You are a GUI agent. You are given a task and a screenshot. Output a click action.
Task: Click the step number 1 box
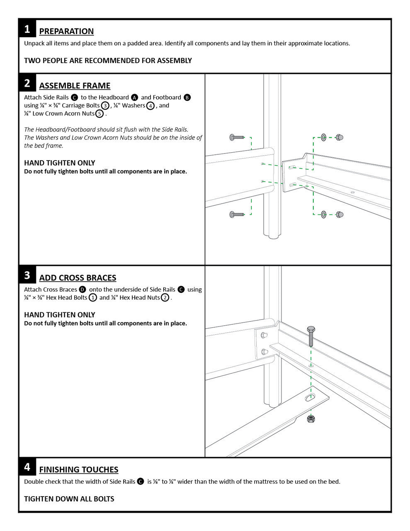coord(27,29)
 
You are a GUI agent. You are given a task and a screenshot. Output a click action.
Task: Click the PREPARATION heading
coord(66,31)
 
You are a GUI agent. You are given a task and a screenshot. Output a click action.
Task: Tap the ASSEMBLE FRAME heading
coord(75,85)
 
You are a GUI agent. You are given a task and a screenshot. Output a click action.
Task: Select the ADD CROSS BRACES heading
coord(78,278)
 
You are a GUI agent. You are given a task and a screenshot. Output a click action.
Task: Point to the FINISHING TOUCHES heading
coord(79,470)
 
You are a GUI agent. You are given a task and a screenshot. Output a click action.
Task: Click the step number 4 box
coord(27,467)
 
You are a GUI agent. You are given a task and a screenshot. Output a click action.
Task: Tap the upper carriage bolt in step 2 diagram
coord(237,137)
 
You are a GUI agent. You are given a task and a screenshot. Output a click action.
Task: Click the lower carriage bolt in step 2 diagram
coord(237,214)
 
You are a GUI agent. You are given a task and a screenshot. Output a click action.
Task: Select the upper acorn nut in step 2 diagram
coord(339,137)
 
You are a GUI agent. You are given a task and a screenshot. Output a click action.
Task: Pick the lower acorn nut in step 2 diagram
coord(339,214)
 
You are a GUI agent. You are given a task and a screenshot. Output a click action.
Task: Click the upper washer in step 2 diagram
coord(324,137)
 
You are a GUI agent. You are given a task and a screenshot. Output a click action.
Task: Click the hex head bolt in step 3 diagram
coord(311,336)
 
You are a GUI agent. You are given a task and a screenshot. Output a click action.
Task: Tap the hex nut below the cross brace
coord(311,419)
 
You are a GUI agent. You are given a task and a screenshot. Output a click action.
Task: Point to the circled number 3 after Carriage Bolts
coord(105,106)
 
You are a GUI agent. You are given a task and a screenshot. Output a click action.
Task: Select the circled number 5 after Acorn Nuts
coord(99,114)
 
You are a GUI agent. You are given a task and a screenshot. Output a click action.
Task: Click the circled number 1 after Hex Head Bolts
coord(93,297)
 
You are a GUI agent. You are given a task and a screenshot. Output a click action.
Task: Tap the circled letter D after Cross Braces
coord(82,290)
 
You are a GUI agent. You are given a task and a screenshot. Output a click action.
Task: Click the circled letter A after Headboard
coord(134,97)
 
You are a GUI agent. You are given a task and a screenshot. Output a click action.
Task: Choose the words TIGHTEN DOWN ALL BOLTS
coord(69,499)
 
